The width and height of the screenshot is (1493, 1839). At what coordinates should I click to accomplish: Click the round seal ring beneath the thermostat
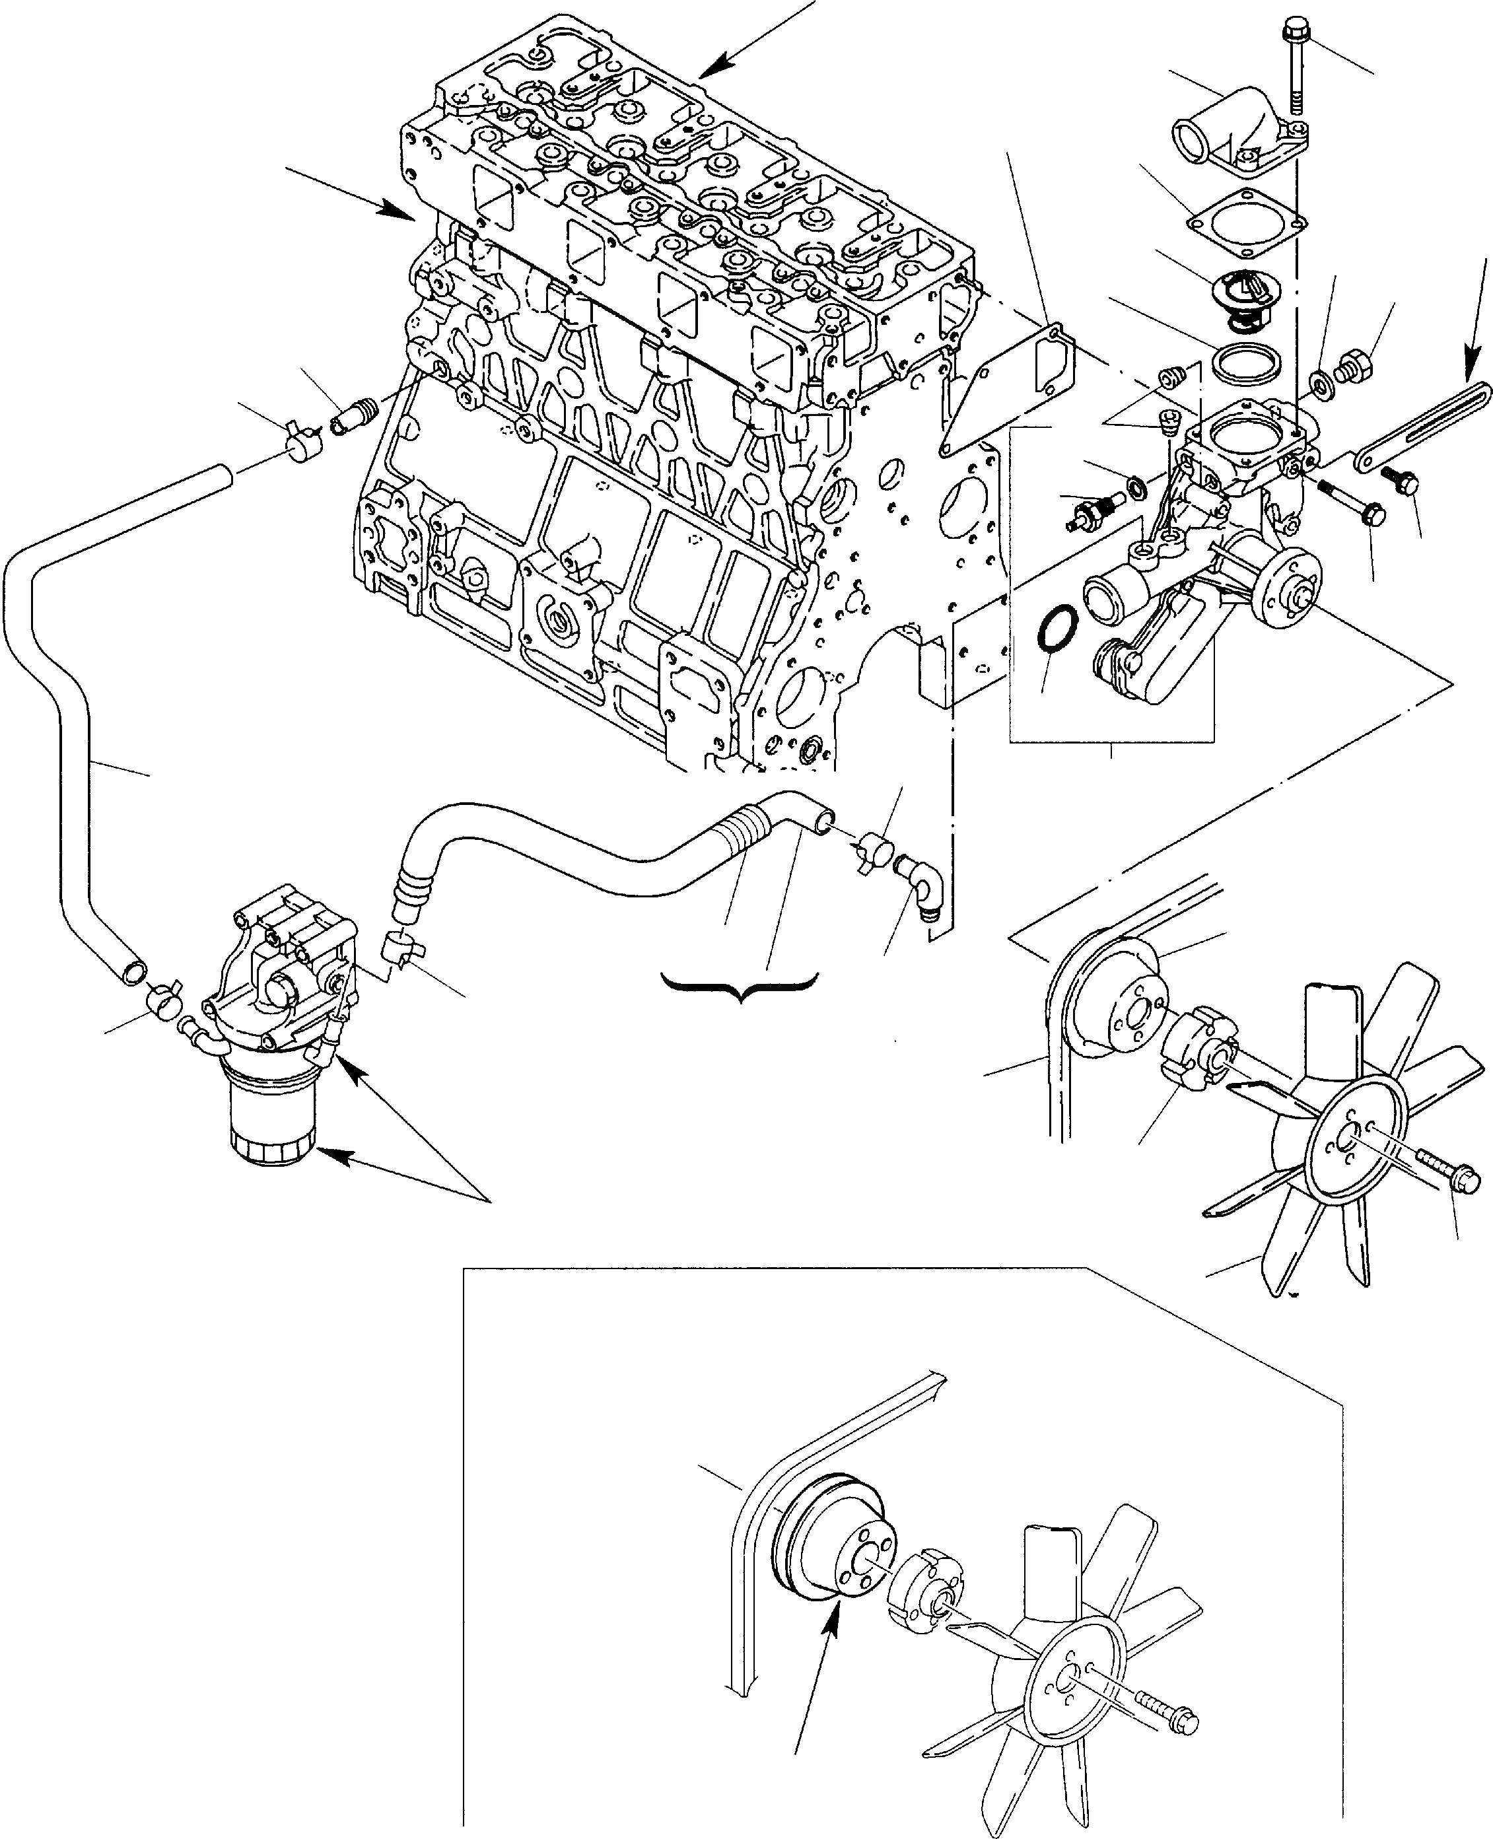[x=1243, y=361]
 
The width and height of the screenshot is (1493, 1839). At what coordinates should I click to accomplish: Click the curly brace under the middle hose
[x=738, y=983]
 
